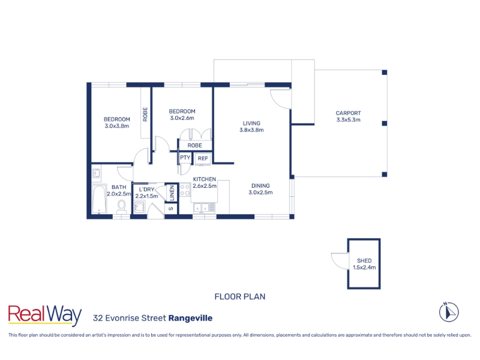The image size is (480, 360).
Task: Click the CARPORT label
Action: point(348,113)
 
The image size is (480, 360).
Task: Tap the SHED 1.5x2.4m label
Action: point(364,264)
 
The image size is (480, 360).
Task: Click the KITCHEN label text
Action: point(205,179)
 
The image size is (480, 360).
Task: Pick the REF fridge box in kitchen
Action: point(203,158)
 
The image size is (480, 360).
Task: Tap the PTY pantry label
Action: point(185,158)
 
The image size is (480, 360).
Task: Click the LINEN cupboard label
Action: point(172,193)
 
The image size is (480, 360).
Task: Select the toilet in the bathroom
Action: point(122,207)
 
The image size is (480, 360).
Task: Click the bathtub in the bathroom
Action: point(99,199)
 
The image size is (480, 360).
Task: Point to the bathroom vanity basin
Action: point(97,173)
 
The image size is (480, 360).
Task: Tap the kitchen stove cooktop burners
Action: point(185,190)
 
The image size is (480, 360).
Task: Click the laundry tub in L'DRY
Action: point(139,207)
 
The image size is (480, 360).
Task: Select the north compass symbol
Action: point(449,312)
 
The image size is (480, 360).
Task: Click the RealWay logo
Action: point(44,315)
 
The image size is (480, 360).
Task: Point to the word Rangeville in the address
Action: point(190,319)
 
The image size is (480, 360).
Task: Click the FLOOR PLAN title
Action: point(240,296)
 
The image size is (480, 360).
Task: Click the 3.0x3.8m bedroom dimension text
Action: point(116,126)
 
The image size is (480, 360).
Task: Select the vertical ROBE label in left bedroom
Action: point(145,114)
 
